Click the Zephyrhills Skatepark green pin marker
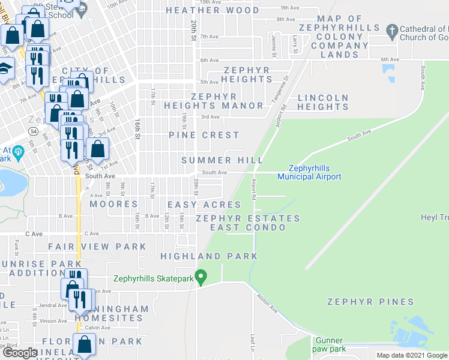click(202, 277)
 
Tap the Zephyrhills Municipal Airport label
click(309, 172)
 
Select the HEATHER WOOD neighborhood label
click(212, 10)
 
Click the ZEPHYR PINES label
click(370, 302)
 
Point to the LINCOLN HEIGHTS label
click(323, 102)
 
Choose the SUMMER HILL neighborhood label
click(222, 160)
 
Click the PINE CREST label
click(203, 135)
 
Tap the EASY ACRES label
click(204, 205)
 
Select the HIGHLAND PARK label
click(209, 256)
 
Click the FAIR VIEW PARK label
click(97, 247)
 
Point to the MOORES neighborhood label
click(114, 204)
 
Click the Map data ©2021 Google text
click(412, 355)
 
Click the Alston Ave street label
click(267, 302)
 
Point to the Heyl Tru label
click(435, 218)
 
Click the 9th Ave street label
click(290, 8)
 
